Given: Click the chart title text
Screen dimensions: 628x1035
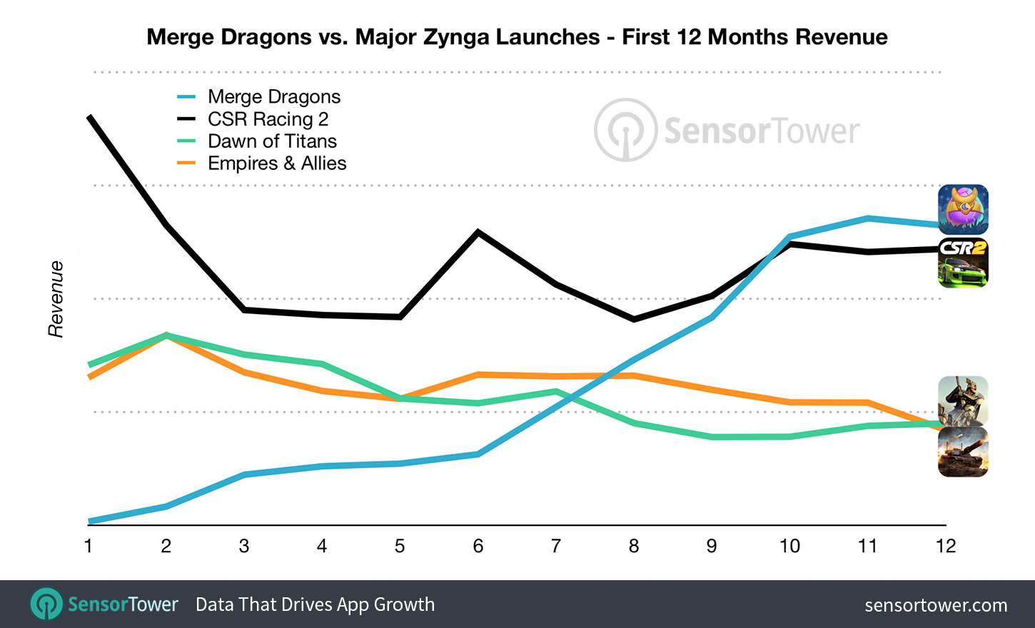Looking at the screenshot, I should click(x=517, y=37).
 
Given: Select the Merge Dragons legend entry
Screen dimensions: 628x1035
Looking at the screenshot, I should click(x=274, y=97).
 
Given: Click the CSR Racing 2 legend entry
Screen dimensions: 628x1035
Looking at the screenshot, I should click(x=268, y=119).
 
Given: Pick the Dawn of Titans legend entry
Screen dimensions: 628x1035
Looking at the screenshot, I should click(x=272, y=141).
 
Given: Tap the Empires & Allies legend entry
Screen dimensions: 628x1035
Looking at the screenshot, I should click(x=277, y=163).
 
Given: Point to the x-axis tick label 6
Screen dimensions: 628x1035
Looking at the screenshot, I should click(x=478, y=546).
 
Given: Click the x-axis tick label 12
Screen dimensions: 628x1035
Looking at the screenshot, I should click(x=945, y=546).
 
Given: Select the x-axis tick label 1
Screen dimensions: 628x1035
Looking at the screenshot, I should click(x=89, y=546).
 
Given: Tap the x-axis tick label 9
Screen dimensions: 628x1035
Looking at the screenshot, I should click(x=712, y=546).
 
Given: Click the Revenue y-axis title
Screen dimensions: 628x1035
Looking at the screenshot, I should click(x=56, y=299).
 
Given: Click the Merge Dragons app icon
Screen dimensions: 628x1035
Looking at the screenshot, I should click(x=963, y=210).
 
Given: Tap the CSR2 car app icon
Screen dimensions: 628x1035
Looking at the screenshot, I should click(x=963, y=263).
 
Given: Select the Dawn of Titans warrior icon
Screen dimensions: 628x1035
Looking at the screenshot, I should click(x=963, y=400).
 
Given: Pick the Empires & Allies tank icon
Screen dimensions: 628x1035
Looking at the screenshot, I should click(x=963, y=452).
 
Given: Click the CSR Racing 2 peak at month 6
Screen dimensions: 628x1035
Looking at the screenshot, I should click(x=478, y=232).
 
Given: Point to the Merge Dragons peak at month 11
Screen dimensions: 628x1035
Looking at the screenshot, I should click(x=867, y=218).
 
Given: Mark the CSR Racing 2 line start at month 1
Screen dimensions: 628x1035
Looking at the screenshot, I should click(x=89, y=117).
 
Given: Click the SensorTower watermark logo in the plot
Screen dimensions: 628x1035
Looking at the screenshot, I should click(x=727, y=131).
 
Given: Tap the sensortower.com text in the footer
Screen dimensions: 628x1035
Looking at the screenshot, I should click(x=936, y=605).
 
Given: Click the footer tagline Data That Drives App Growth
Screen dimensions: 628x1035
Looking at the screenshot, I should click(x=315, y=604).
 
